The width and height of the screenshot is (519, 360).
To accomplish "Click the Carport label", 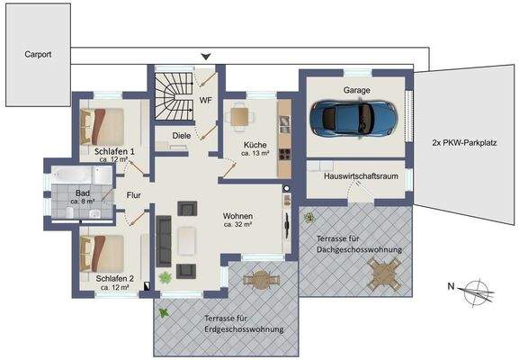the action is pos(38,54).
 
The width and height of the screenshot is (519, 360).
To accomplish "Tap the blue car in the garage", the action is pos(353,119).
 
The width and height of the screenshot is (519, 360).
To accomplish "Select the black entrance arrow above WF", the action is pos(206,57).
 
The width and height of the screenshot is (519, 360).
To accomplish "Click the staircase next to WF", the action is pos(174,96).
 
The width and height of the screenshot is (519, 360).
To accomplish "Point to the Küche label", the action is pos(255,145).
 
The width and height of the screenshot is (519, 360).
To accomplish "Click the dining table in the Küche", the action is pos(239,116).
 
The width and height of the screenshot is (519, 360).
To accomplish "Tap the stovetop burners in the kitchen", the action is pos(284,153).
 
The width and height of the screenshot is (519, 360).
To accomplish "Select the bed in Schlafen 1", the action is pos(102,126).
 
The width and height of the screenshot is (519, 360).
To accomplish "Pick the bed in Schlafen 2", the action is pos(102,254).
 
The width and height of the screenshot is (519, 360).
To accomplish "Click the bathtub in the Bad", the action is pos(73,175).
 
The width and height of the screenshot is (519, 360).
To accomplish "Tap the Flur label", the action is pos(134,195).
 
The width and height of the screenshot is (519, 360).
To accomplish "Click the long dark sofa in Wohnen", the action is pos(164,241).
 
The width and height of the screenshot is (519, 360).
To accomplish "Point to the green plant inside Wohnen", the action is pos(166,277).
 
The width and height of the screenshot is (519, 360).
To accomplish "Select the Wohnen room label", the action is pos(237,216).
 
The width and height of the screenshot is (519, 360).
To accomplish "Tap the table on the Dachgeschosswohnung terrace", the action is pos(384,274).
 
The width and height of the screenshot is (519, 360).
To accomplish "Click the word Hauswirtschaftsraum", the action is pos(361,176).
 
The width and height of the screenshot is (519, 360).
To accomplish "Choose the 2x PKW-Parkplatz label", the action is pos(464,143).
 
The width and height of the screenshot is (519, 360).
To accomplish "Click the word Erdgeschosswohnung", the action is pos(244,329).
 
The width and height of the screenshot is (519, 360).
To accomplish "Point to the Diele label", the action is pos(182,136).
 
